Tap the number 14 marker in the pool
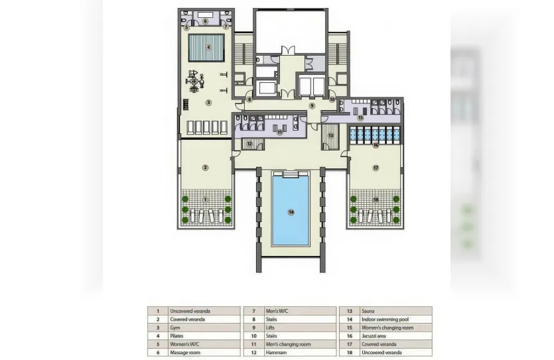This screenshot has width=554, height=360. pyautogui.click(x=291, y=212)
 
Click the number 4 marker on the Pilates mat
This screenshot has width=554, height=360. pyautogui.click(x=208, y=47)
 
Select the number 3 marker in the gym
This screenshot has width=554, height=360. pyautogui.click(x=208, y=102)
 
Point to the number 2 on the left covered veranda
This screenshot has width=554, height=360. pyautogui.click(x=206, y=168)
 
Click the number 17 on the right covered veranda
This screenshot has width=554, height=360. pyautogui.click(x=376, y=168)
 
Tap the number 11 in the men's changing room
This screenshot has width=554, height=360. pyautogui.click(x=279, y=132)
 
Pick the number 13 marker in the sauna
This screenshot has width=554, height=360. pyautogui.click(x=330, y=135)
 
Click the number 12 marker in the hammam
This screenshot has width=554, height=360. pyautogui.click(x=248, y=143)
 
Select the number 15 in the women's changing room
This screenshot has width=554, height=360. pyautogui.click(x=360, y=117)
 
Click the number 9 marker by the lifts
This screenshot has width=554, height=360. pyautogui.click(x=311, y=105)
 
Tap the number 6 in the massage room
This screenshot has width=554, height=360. pyautogui.click(x=206, y=21)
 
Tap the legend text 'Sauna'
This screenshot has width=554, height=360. pyautogui.click(x=368, y=310)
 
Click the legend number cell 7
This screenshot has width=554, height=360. pyautogui.click(x=253, y=310)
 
